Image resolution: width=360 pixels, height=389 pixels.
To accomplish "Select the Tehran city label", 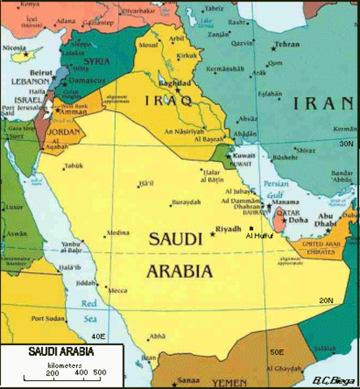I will (x=287, y=45).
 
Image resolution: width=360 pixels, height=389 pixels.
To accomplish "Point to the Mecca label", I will (x=118, y=290).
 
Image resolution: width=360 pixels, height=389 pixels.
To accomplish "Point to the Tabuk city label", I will (x=75, y=166).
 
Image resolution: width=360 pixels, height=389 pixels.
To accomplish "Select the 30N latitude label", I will (x=346, y=143).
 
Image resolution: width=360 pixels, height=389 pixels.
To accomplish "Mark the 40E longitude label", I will (x=98, y=336).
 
